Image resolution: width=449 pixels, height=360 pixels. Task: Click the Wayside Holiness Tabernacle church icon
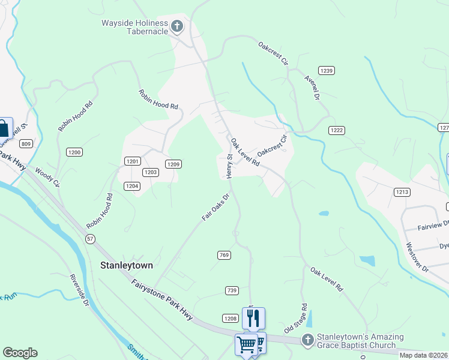pyautogui.click(x=176, y=26)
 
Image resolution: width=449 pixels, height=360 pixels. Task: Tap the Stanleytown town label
pyautogui.click(x=126, y=265)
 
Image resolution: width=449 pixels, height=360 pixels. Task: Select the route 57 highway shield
pyautogui.click(x=90, y=239)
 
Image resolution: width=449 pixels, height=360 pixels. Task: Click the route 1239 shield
pyautogui.click(x=326, y=71)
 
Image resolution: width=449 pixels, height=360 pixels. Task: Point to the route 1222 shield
pyautogui.click(x=336, y=130)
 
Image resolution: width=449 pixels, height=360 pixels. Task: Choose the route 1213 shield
pyautogui.click(x=402, y=192)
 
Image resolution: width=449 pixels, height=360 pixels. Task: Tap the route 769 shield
pyautogui.click(x=224, y=256)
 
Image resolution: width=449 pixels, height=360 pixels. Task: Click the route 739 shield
pyautogui.click(x=232, y=290)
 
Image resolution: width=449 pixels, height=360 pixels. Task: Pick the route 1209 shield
pyautogui.click(x=173, y=164)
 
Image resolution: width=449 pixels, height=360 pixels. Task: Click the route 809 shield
pyautogui.click(x=25, y=143)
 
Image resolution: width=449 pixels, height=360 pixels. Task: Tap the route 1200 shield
pyautogui.click(x=74, y=152)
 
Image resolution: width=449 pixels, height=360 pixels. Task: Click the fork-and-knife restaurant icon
pyautogui.click(x=253, y=317)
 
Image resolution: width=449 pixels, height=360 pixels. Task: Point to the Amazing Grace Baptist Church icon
pyautogui.click(x=307, y=340)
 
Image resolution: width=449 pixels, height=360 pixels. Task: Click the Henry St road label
pyautogui.click(x=229, y=166)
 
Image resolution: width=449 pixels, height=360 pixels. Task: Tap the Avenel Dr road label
pyautogui.click(x=313, y=87)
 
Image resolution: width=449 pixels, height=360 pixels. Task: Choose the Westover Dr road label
pyautogui.click(x=417, y=257)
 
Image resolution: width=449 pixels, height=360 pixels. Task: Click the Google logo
pyautogui.click(x=20, y=353)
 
